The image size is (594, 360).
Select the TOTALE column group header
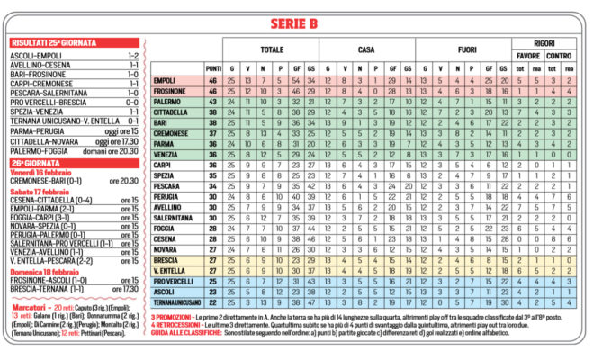pos(271,49)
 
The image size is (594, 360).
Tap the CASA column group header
pos(365,49)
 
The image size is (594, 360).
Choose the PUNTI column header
pos(213,68)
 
